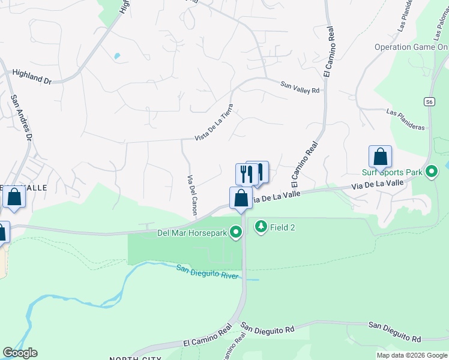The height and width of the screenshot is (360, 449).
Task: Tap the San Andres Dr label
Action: coord(20,116)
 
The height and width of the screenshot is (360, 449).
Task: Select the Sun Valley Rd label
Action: coord(300,87)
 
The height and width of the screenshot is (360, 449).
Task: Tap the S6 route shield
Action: coord(429,102)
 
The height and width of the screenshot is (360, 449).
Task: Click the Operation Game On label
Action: coord(411,47)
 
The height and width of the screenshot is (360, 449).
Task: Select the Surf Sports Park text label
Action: coord(391,172)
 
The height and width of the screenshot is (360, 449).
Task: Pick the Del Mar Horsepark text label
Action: coord(193,233)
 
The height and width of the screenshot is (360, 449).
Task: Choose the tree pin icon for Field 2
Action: coord(261,227)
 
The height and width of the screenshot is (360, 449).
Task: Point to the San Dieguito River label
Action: coord(206,272)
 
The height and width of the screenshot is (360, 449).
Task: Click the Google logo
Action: coord(20,353)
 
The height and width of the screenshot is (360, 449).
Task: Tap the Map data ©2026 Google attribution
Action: coord(412,355)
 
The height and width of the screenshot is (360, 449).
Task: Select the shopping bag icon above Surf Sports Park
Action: coord(380,157)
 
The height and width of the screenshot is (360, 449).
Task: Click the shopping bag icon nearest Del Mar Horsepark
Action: coord(241,198)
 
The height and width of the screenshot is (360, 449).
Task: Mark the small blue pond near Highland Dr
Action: coord(116,56)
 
